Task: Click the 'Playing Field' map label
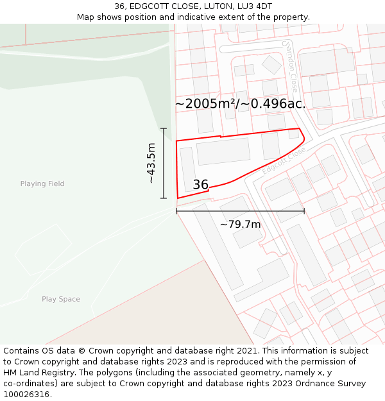[42, 184]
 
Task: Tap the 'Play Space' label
[61, 299]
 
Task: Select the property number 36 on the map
[200, 185]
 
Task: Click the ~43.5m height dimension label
[151, 164]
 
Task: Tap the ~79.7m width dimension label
[240, 225]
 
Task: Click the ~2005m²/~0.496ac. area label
[240, 103]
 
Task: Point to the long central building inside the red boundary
[223, 151]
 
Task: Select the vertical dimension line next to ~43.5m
[164, 164]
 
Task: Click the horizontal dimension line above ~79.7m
[240, 211]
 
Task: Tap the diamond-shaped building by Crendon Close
[271, 64]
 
